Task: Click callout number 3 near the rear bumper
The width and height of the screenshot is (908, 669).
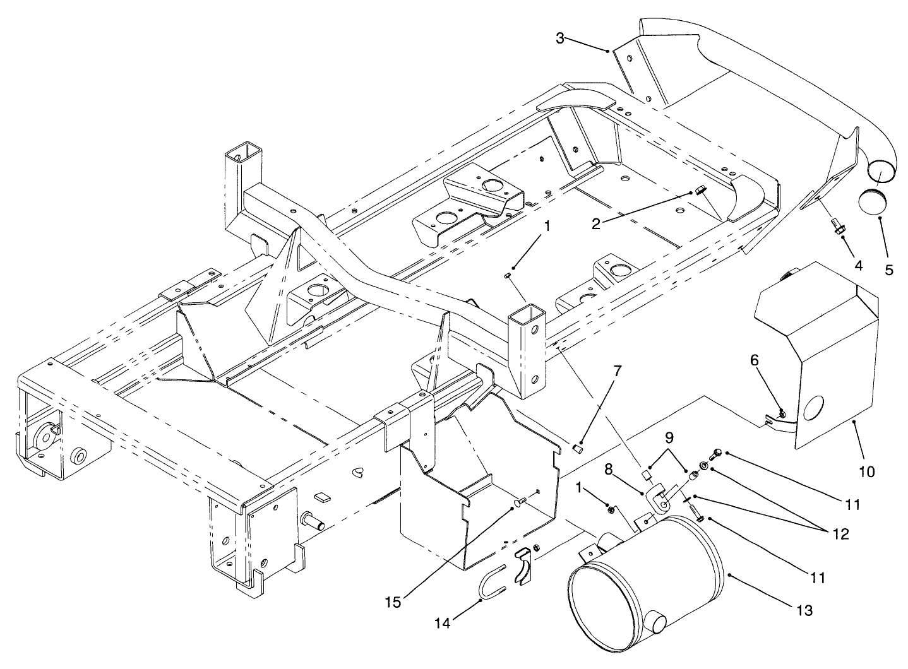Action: tap(560, 38)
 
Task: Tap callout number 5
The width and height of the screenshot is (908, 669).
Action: tap(888, 269)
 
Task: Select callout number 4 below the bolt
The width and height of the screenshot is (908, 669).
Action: tap(858, 266)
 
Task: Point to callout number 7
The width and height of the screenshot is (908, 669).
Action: tap(617, 370)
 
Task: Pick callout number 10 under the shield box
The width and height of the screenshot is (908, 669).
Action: tap(866, 471)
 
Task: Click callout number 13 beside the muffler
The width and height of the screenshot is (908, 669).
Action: tap(804, 610)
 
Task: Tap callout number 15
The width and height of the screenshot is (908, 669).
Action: tap(393, 603)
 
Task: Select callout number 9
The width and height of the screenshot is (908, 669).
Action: tap(669, 436)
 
